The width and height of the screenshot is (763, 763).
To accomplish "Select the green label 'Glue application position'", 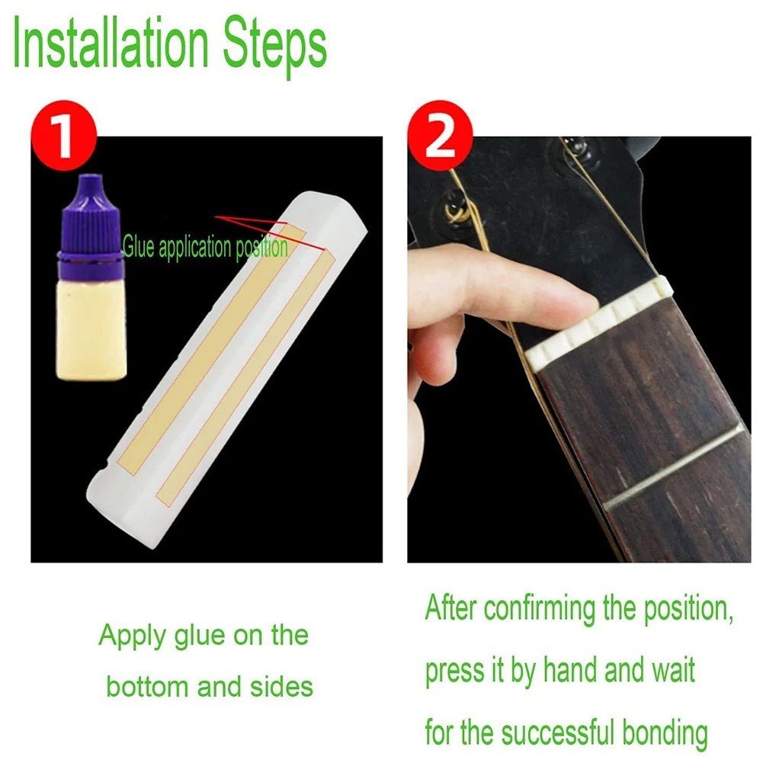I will pos(205,247).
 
